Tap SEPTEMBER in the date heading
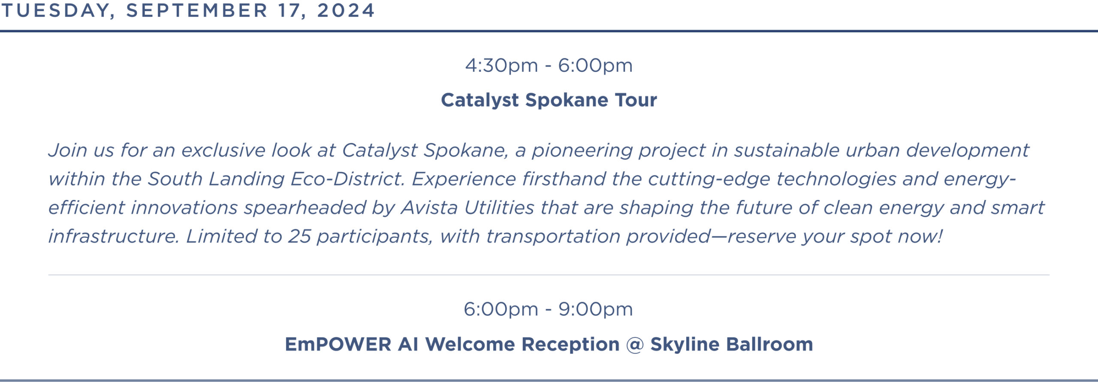[x=197, y=10]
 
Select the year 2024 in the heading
[x=346, y=10]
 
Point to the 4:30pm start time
[x=501, y=66]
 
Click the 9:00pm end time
[x=595, y=309]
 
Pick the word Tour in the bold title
[x=636, y=100]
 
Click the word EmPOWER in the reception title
[x=338, y=344]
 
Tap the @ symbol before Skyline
[x=635, y=345]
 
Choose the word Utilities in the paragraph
[x=499, y=208]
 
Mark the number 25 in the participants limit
[x=299, y=236]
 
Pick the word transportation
[x=552, y=237]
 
